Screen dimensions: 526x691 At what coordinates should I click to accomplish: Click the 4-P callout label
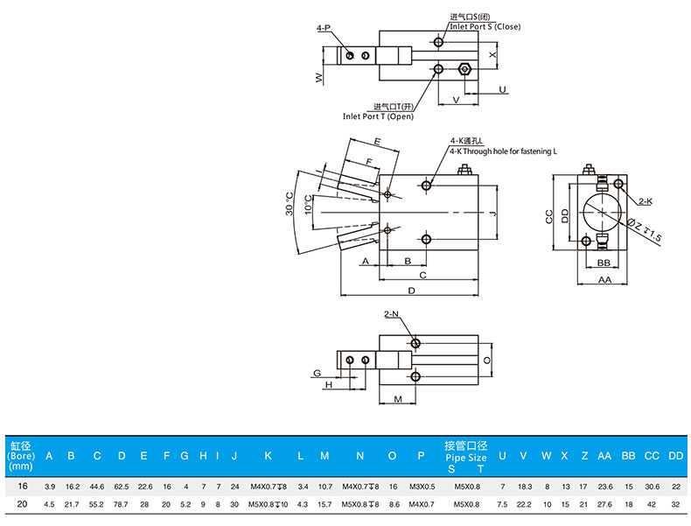pos(324,28)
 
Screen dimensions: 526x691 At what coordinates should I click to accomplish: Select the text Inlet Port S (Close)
pos(485,26)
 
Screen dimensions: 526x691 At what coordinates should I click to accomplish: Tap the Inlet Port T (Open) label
pos(378,116)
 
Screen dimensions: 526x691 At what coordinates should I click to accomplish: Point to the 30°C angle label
pos(290,205)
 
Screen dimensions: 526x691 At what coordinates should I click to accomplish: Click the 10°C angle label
pos(309,205)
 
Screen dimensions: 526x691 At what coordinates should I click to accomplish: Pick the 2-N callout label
pos(391,313)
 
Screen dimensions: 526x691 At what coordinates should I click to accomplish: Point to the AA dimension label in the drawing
pos(604,280)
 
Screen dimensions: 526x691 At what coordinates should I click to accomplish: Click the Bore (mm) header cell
pos(20,455)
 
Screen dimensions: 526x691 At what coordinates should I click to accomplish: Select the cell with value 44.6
pos(97,486)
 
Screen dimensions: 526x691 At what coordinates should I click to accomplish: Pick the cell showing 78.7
pos(122,504)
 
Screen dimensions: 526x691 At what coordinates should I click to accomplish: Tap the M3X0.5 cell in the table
pos(422,486)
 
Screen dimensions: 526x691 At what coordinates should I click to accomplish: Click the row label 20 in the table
pos(20,504)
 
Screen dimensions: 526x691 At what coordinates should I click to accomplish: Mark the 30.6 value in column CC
pos(652,486)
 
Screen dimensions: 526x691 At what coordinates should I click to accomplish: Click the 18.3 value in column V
pos(524,486)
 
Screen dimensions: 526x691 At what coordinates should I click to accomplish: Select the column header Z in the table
pos(583,456)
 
